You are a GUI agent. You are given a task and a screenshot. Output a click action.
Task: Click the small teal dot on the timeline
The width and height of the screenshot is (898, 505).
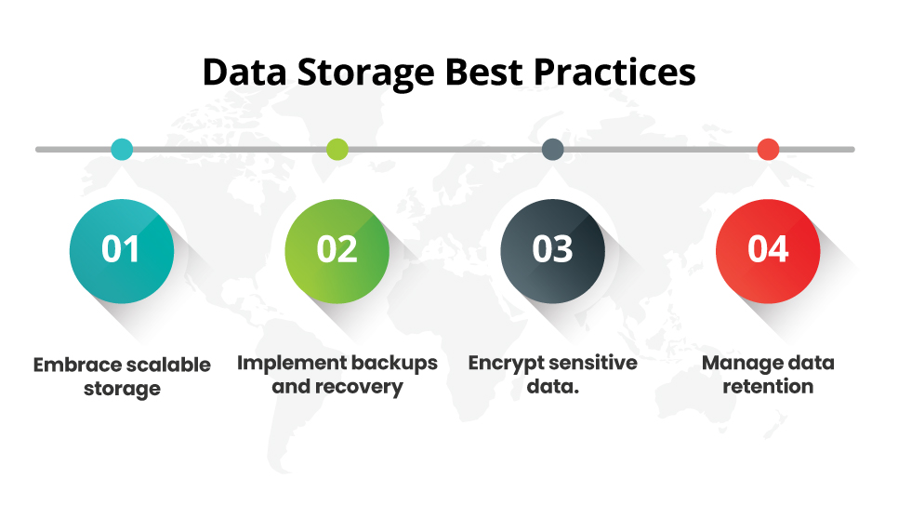coord(122,149)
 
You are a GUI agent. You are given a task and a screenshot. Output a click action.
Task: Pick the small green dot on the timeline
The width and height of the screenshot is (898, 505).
coord(337,149)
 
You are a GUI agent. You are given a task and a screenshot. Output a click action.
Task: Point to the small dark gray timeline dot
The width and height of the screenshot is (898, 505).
coord(552,149)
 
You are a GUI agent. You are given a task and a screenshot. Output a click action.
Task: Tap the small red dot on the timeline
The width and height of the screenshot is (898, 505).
coord(768,149)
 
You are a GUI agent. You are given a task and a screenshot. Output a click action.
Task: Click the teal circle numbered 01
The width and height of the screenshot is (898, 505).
coord(122,249)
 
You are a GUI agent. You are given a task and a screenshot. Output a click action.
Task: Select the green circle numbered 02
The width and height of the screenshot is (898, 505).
coord(337,249)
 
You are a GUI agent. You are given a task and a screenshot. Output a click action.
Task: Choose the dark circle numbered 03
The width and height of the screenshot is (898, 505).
coord(552,249)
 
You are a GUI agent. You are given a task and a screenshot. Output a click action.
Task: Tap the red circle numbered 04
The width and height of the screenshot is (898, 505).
coord(768,249)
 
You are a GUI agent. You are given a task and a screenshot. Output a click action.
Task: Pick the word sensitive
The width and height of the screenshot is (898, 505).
coord(594,363)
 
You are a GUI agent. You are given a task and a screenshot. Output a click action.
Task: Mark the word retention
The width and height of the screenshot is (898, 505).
coord(768,386)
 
